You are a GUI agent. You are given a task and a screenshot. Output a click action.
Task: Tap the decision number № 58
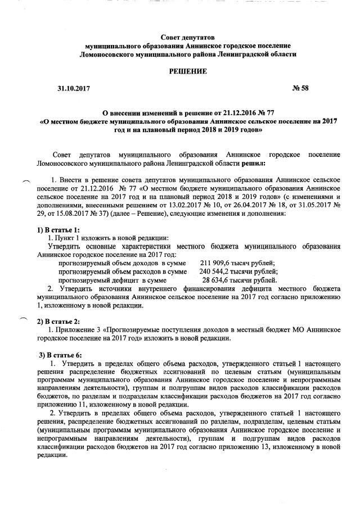[x=301, y=89]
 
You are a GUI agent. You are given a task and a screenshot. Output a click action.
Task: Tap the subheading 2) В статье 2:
[x=58, y=321]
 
